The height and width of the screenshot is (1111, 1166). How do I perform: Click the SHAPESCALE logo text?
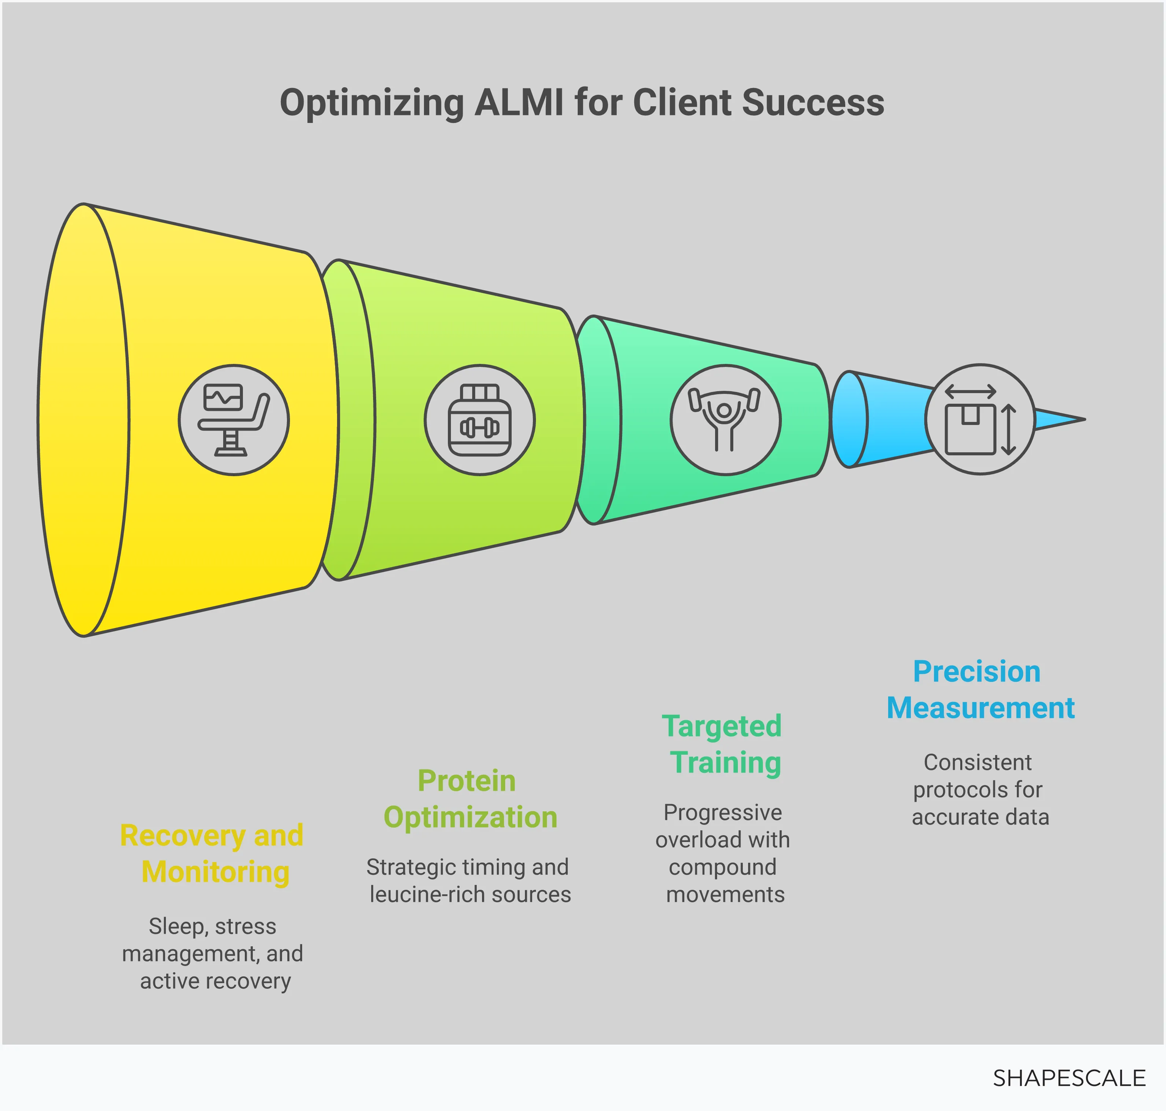[x=1069, y=1078]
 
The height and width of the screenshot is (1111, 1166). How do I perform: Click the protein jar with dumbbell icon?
[x=479, y=420]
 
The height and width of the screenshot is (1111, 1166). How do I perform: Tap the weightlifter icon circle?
[x=725, y=420]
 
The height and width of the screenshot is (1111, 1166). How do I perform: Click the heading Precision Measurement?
[x=980, y=690]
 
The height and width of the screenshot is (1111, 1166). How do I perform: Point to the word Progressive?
[x=722, y=812]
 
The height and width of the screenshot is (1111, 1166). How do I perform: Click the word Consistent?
[x=978, y=762]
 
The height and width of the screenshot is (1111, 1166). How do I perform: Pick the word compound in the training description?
[x=722, y=867]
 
